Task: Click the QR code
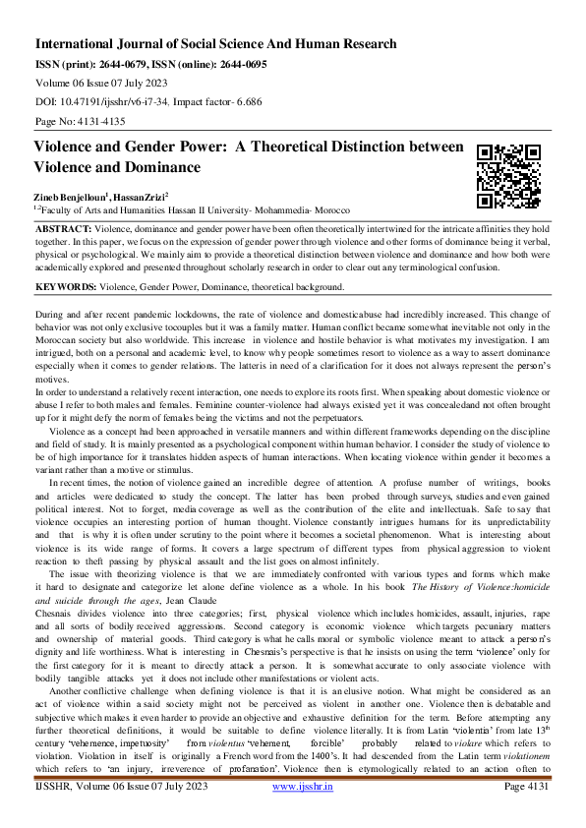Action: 508,176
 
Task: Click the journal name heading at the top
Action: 216,44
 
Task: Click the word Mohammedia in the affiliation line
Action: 301,209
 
